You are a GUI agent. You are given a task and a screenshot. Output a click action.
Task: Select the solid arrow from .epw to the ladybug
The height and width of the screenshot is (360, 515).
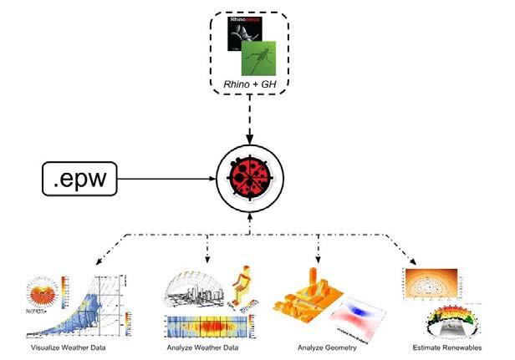pyautogui.click(x=167, y=176)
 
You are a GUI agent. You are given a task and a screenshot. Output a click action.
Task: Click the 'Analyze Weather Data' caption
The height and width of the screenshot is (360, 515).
pyautogui.click(x=209, y=346)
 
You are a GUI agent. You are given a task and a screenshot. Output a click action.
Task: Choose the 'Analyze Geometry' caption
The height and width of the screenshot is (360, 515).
pyautogui.click(x=328, y=346)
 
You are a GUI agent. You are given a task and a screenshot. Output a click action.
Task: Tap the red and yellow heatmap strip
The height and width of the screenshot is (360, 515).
pyautogui.click(x=212, y=327)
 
